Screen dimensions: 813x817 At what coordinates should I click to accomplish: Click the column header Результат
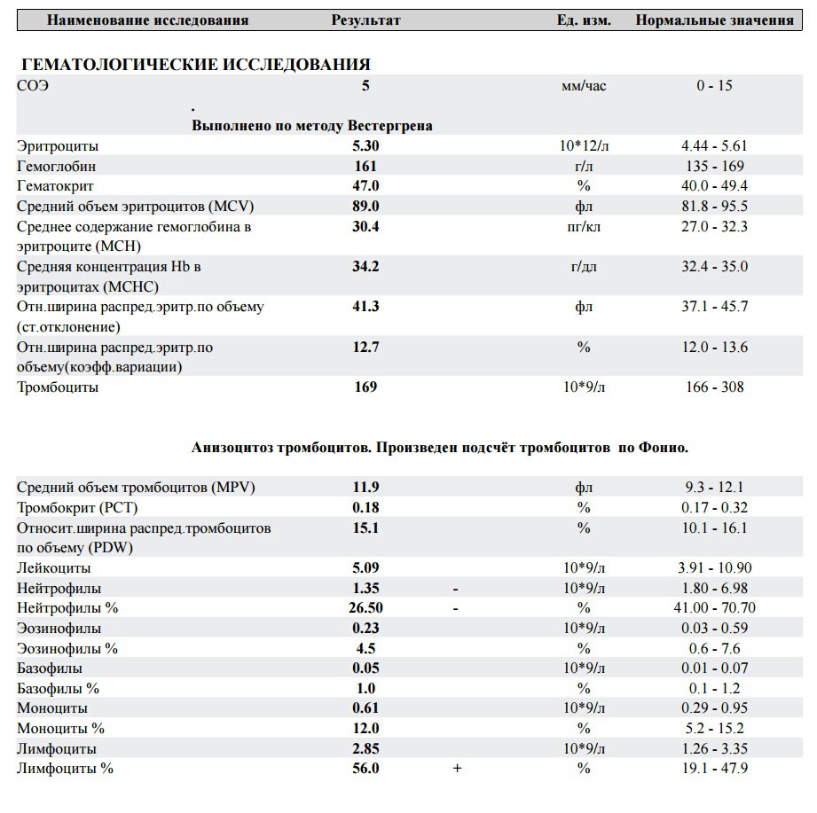(365, 20)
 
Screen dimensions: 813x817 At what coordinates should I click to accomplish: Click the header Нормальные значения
(714, 20)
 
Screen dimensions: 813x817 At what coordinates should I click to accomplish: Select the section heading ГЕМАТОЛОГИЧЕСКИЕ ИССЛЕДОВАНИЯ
(194, 65)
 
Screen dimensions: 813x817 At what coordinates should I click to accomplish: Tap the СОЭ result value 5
(365, 86)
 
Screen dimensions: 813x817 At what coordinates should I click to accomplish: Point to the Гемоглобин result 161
(365, 166)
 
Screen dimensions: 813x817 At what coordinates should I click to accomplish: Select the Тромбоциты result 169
(365, 387)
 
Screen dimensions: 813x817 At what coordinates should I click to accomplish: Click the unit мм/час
(584, 86)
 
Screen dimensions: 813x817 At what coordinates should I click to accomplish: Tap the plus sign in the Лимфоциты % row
(457, 769)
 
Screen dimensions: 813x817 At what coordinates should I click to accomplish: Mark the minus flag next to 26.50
(455, 608)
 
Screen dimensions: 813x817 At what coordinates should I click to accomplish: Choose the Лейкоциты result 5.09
(365, 567)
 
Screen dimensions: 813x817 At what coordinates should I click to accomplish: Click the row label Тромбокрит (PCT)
(77, 508)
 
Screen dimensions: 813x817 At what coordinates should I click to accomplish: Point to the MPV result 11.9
(365, 488)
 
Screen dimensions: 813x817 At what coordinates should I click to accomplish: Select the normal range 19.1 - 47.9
(715, 769)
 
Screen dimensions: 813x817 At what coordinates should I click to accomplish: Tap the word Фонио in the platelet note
(664, 448)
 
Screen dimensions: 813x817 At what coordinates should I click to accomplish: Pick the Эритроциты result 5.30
(365, 145)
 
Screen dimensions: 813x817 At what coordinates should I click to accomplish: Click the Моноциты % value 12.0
(365, 728)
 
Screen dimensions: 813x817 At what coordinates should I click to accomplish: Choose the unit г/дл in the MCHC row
(584, 266)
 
